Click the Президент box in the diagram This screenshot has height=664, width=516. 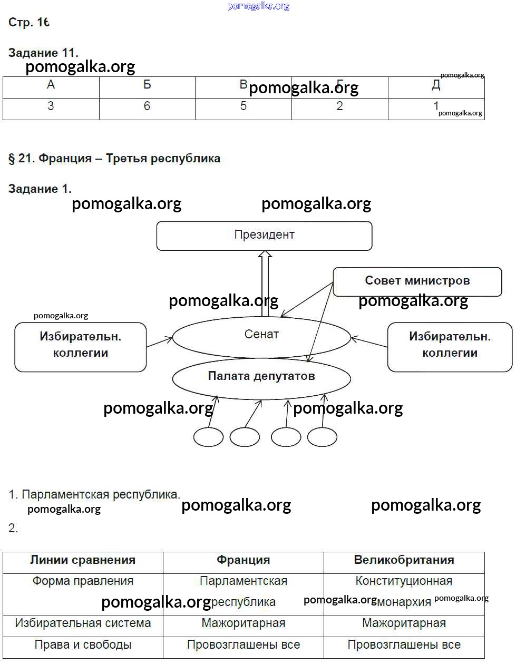pyautogui.click(x=264, y=236)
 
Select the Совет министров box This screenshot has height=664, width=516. pyautogui.click(x=417, y=281)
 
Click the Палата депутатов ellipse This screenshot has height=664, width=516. pyautogui.click(x=261, y=377)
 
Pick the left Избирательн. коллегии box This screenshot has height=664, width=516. pyautogui.click(x=81, y=346)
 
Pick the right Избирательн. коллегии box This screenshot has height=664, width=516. pyautogui.click(x=450, y=346)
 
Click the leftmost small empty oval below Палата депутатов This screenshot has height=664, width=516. pyautogui.click(x=208, y=437)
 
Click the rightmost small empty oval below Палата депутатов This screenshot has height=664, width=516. pyautogui.click(x=322, y=437)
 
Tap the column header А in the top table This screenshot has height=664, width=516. pyautogui.click(x=51, y=85)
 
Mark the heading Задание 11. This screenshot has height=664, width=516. pyautogui.click(x=43, y=53)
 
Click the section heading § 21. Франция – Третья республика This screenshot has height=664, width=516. pyautogui.click(x=114, y=159)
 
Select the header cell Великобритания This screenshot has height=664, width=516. pyautogui.click(x=404, y=561)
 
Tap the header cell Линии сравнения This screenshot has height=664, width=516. pyautogui.click(x=83, y=561)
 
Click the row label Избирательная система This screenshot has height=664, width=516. pyautogui.click(x=83, y=624)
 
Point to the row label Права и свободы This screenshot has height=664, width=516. pyautogui.click(x=83, y=645)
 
